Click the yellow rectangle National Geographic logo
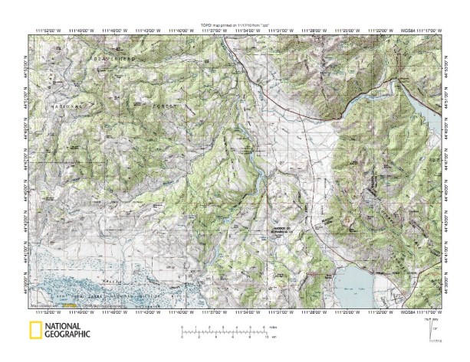(35, 331)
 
